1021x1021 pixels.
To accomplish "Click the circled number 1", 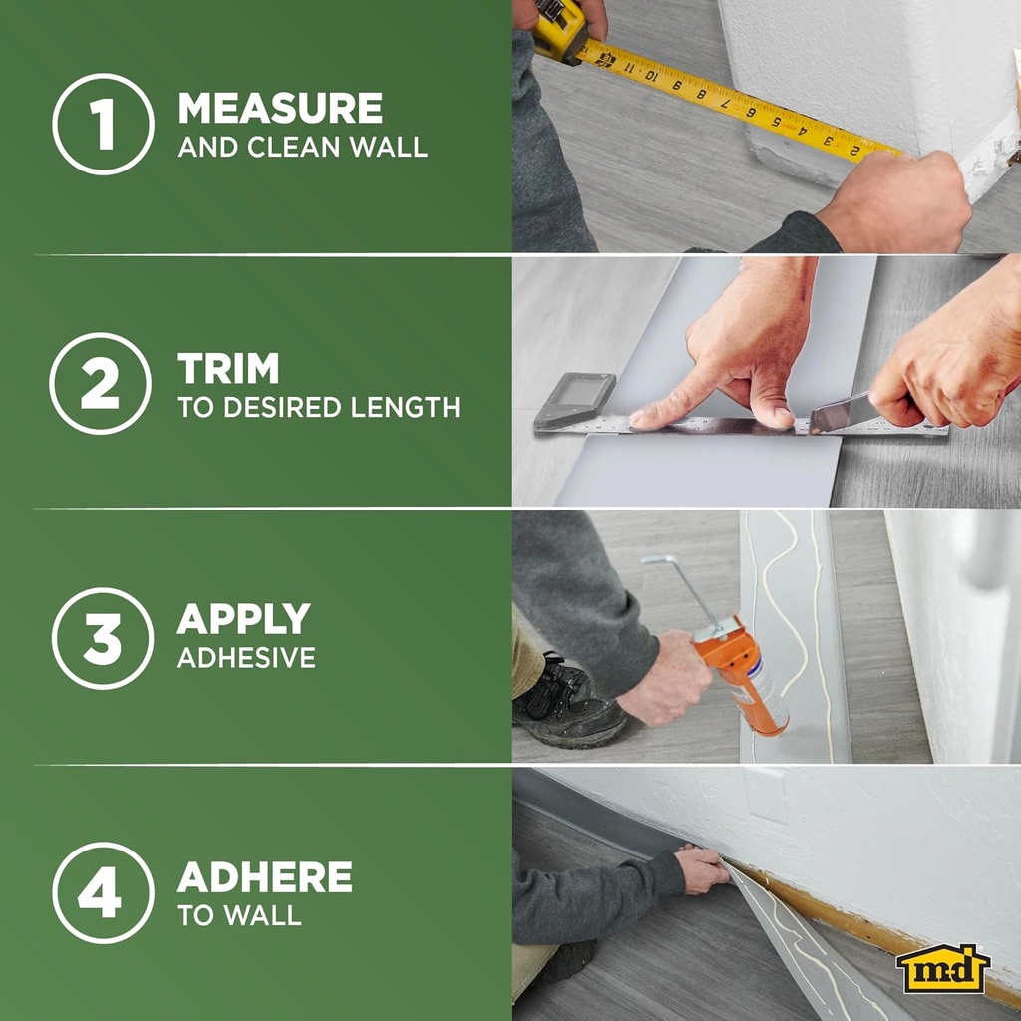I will coord(103,125).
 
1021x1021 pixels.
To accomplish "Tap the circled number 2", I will coord(100,384).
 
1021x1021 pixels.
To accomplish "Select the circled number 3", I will coord(103,639).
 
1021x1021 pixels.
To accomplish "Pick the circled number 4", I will coord(103,892).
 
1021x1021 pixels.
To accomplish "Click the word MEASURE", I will coord(280,109).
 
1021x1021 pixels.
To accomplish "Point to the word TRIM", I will coord(228,370).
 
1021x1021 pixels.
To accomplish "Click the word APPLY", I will coord(244,619).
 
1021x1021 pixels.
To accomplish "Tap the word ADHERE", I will coord(265,877).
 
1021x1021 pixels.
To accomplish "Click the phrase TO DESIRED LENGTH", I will coord(318,407).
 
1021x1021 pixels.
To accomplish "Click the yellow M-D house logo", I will coord(942,969).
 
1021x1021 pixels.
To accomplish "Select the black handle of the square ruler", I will coord(575,399).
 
